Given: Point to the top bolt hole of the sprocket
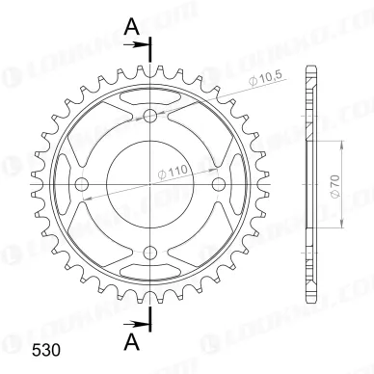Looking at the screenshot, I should tap(149, 116).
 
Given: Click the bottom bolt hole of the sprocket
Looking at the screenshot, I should tap(149, 254).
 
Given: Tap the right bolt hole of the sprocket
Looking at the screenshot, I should tap(219, 184).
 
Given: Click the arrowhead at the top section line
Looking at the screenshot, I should tap(142, 43).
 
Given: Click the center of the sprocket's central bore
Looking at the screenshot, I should tap(149, 184).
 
